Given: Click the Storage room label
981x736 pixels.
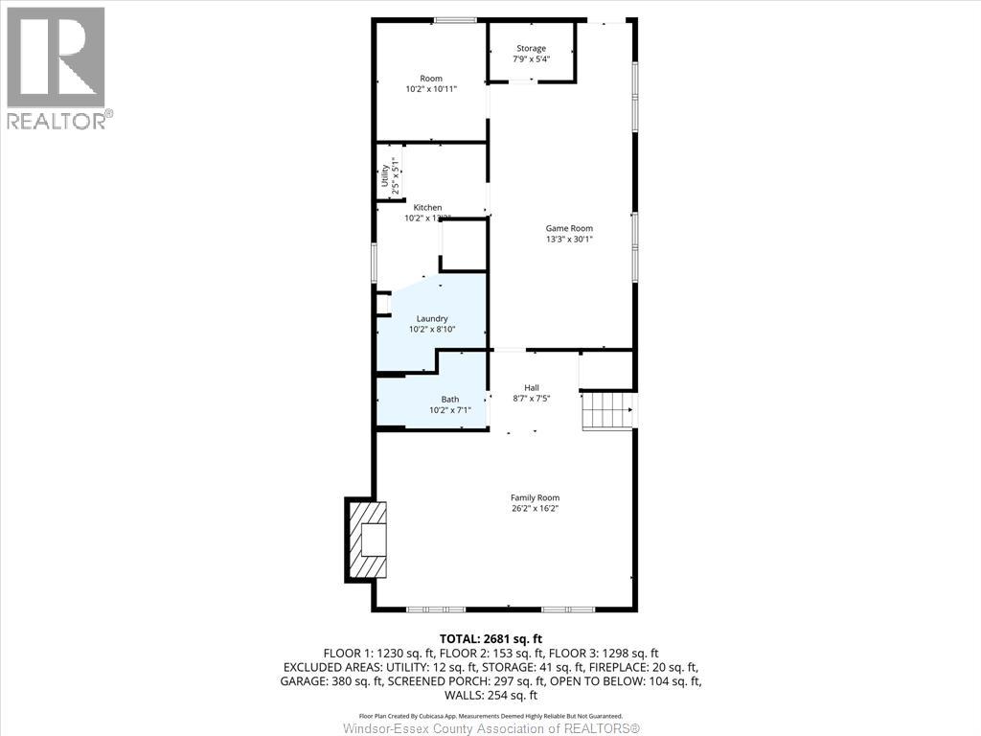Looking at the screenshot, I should tap(531, 48).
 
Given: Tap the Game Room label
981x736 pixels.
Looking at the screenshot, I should tap(569, 228).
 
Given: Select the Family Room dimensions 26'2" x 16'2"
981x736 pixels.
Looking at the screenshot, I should tap(535, 509).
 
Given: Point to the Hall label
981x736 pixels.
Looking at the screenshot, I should tap(531, 387).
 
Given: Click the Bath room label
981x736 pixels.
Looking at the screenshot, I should tap(449, 399).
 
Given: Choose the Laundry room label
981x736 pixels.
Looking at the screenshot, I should tap(431, 318).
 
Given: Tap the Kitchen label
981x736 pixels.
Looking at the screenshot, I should tap(427, 207).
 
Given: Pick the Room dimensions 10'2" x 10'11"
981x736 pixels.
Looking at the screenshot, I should tap(431, 89).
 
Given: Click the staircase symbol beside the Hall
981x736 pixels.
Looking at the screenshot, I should tap(607, 411).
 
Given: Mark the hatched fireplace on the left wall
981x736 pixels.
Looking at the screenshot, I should tap(368, 540).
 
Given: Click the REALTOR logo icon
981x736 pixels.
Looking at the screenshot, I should tap(56, 57).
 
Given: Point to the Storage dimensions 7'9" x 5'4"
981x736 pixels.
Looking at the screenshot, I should tap(531, 59).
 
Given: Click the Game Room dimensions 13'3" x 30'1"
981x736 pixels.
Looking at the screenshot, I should tap(569, 240).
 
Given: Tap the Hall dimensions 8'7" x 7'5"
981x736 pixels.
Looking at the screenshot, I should tap(531, 399).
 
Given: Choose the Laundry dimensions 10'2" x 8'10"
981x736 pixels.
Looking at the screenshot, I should tap(431, 330).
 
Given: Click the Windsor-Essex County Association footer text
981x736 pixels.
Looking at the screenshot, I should tap(490, 728).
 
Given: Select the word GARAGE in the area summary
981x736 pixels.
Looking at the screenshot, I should tap(305, 681).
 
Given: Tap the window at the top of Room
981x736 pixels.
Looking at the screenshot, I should tap(457, 20).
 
